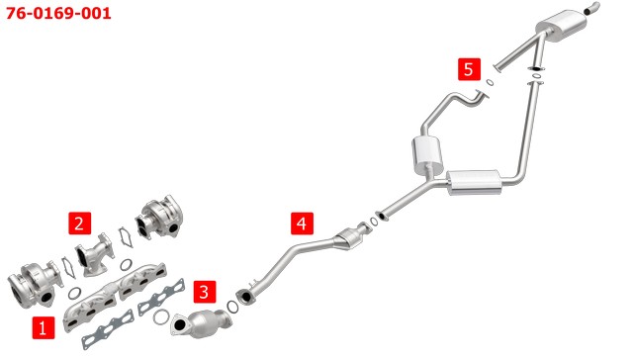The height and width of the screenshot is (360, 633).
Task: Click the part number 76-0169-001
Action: (x=58, y=13)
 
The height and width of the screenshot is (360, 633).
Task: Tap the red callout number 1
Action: (x=44, y=327)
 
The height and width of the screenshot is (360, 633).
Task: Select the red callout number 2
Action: (x=79, y=223)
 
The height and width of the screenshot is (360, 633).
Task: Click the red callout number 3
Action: (x=205, y=292)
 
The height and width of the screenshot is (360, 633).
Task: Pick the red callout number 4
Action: (x=302, y=224)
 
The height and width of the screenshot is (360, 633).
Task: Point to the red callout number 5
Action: (x=469, y=69)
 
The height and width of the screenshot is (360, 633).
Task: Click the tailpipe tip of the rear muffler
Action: (x=592, y=7)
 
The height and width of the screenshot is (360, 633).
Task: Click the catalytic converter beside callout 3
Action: (x=201, y=322)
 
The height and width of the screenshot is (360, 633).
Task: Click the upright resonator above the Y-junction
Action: (x=427, y=155)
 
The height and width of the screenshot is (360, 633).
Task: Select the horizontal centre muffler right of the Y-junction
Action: (x=474, y=183)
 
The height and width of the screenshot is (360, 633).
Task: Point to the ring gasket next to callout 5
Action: (x=490, y=82)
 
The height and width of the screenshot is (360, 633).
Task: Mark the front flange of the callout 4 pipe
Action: (x=245, y=297)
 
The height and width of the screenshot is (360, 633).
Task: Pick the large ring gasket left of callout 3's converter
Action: (x=160, y=317)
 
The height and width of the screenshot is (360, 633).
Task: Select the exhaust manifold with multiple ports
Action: (x=115, y=297)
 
